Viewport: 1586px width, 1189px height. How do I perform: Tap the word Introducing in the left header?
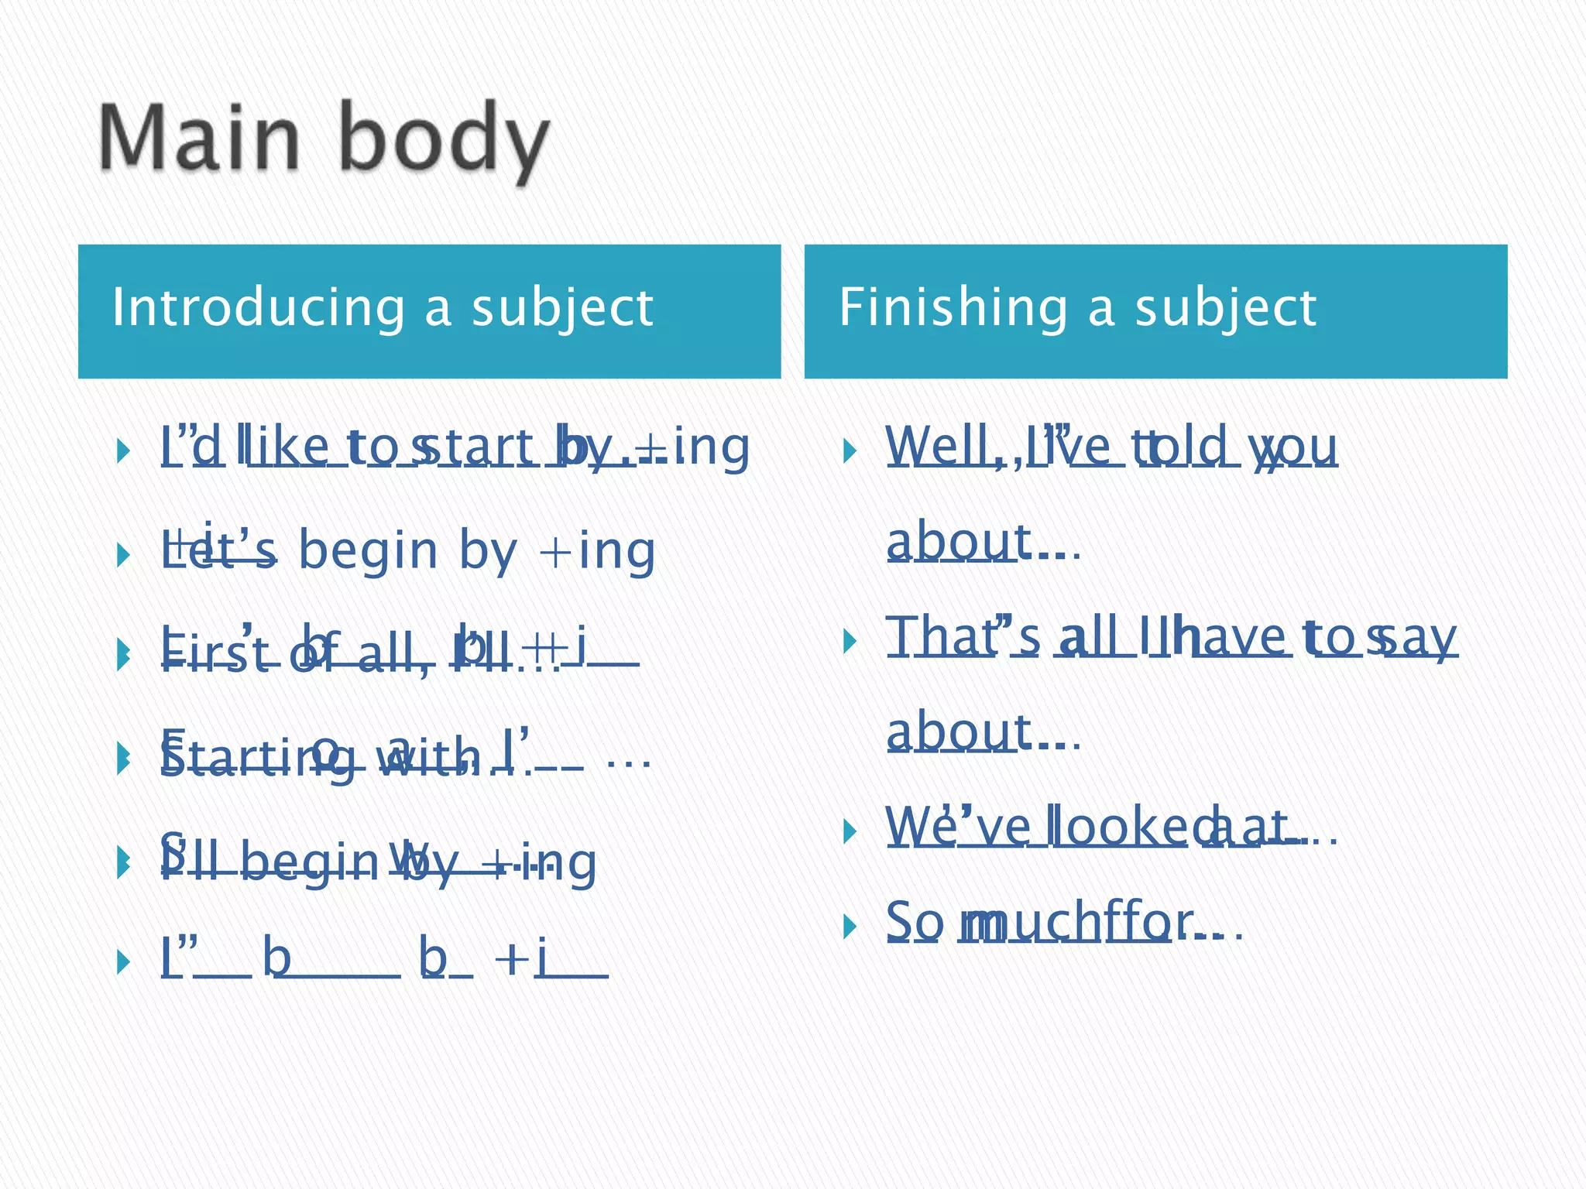(259, 308)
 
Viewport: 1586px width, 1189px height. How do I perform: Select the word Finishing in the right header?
(953, 308)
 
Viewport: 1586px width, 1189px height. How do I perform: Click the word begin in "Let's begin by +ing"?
(369, 550)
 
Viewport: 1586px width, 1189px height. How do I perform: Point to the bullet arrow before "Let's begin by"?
(122, 554)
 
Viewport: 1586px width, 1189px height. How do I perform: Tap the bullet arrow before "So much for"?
(849, 926)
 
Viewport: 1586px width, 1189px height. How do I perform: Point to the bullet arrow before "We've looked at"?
(849, 831)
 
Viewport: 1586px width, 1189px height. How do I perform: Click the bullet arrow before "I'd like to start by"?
(122, 450)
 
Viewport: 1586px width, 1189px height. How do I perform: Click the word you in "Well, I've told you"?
(1294, 447)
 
